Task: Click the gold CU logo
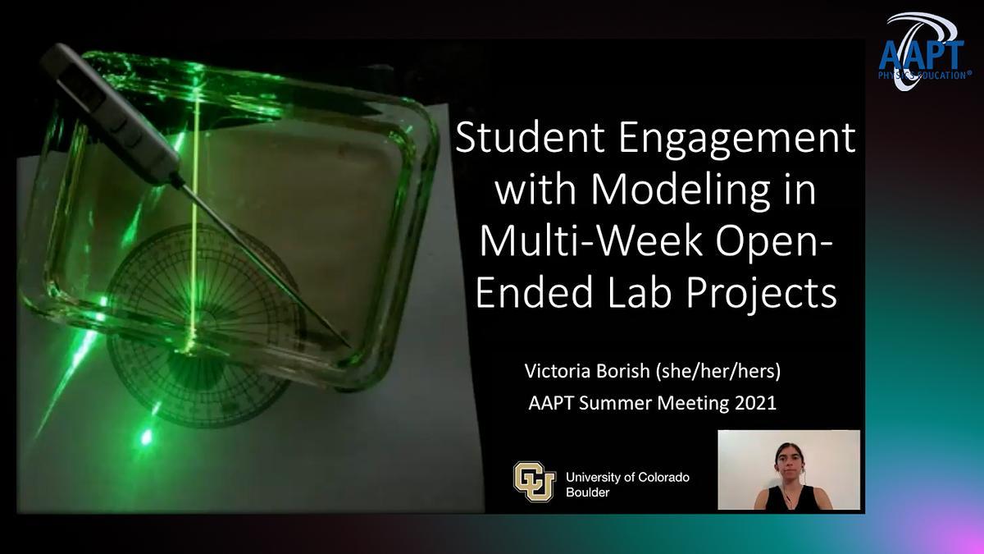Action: (535, 482)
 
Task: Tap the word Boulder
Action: (588, 492)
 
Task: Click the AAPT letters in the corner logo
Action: (922, 56)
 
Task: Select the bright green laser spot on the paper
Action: (145, 437)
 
